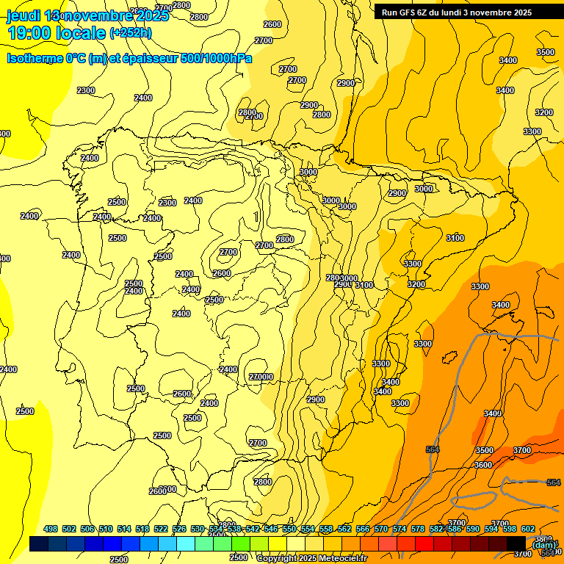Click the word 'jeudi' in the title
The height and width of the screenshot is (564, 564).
tap(23, 15)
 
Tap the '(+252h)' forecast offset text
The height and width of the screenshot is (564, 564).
tap(130, 32)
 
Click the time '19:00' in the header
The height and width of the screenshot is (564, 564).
tap(29, 33)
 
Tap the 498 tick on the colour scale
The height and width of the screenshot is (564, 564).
tap(51, 529)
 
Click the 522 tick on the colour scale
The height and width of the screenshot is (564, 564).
tap(161, 529)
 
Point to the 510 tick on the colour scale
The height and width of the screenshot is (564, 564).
tap(106, 529)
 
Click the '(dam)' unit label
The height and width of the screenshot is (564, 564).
tap(544, 544)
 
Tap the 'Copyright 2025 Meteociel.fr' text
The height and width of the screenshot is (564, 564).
tap(311, 558)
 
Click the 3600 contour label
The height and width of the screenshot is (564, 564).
tap(482, 465)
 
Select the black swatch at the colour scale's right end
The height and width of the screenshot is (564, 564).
tap(516, 543)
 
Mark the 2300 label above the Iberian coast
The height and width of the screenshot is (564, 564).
tap(86, 90)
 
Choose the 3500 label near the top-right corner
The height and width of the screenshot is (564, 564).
tap(545, 52)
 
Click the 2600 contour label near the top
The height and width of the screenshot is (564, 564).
tap(272, 24)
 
